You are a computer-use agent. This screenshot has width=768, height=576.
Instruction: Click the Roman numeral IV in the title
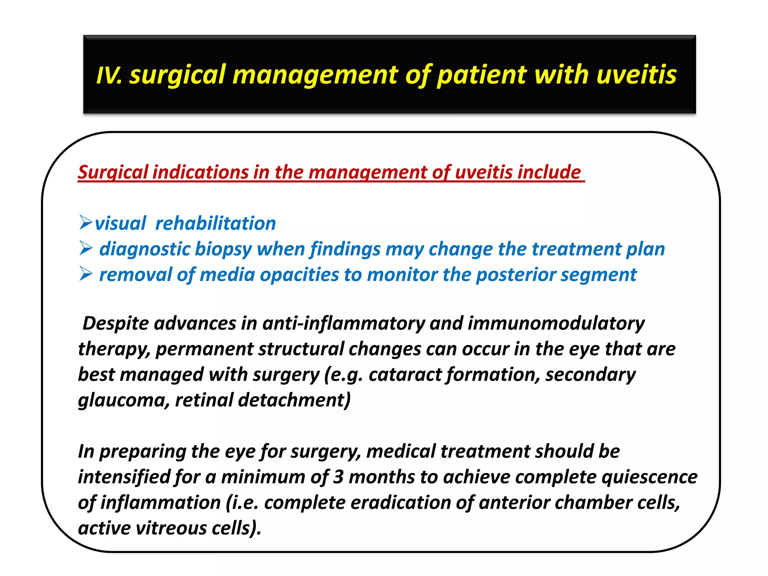[x=108, y=75]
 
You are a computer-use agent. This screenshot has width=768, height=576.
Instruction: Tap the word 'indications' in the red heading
[x=201, y=172]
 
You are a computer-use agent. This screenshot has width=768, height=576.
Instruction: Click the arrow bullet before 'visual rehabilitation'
[x=86, y=222]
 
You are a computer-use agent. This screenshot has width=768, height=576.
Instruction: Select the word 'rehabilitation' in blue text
[x=215, y=223]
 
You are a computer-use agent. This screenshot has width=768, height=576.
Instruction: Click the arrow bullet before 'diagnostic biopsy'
[x=86, y=248]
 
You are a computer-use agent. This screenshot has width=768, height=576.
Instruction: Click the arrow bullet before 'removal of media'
[x=86, y=274]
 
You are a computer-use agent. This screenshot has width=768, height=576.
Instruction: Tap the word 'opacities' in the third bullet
[x=299, y=275]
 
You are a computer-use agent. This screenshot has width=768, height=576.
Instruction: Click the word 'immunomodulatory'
[x=556, y=323]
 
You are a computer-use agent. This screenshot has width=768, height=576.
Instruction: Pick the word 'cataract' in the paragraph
[x=405, y=375]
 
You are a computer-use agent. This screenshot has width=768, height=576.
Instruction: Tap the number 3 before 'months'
[x=338, y=477]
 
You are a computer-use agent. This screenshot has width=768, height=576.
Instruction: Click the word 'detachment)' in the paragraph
[x=294, y=400]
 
